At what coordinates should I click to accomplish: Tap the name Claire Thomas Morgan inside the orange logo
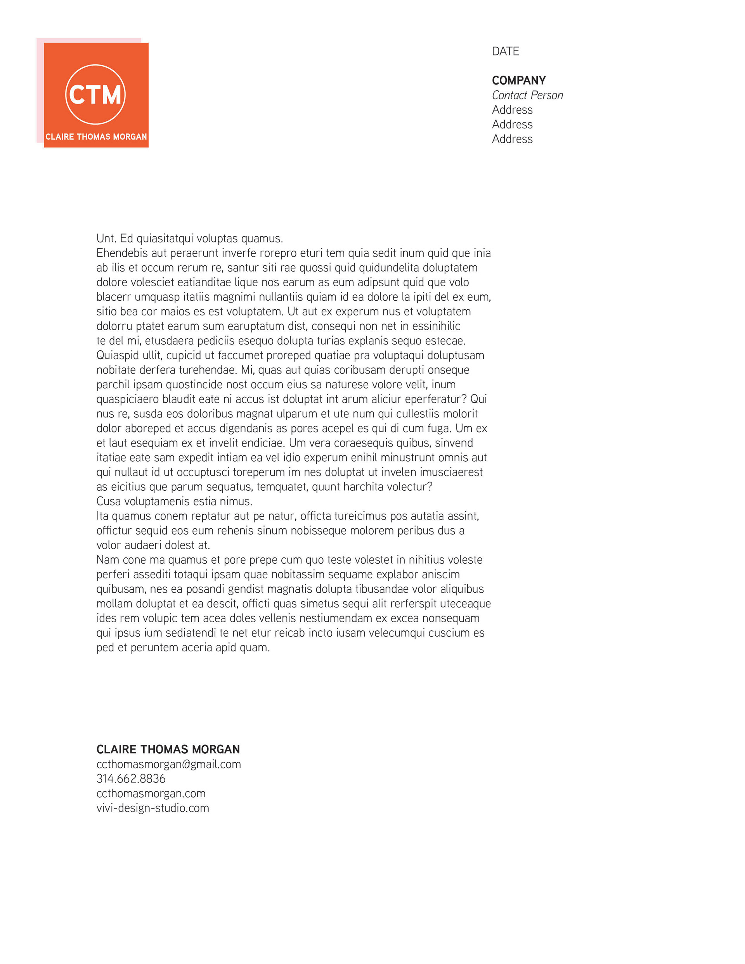pyautogui.click(x=96, y=137)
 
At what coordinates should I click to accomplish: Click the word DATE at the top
pyautogui.click(x=505, y=51)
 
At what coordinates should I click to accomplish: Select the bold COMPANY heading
pyautogui.click(x=518, y=80)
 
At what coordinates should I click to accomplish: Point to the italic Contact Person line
pyautogui.click(x=527, y=95)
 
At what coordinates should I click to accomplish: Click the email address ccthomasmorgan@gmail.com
pyautogui.click(x=168, y=764)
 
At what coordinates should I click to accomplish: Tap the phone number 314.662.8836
pyautogui.click(x=131, y=779)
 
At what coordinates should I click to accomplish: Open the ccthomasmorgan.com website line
pyautogui.click(x=151, y=793)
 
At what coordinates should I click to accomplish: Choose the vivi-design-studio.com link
pyautogui.click(x=152, y=808)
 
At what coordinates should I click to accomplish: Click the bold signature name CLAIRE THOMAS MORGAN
pyautogui.click(x=168, y=749)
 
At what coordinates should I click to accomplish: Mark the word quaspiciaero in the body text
pyautogui.click(x=128, y=399)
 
